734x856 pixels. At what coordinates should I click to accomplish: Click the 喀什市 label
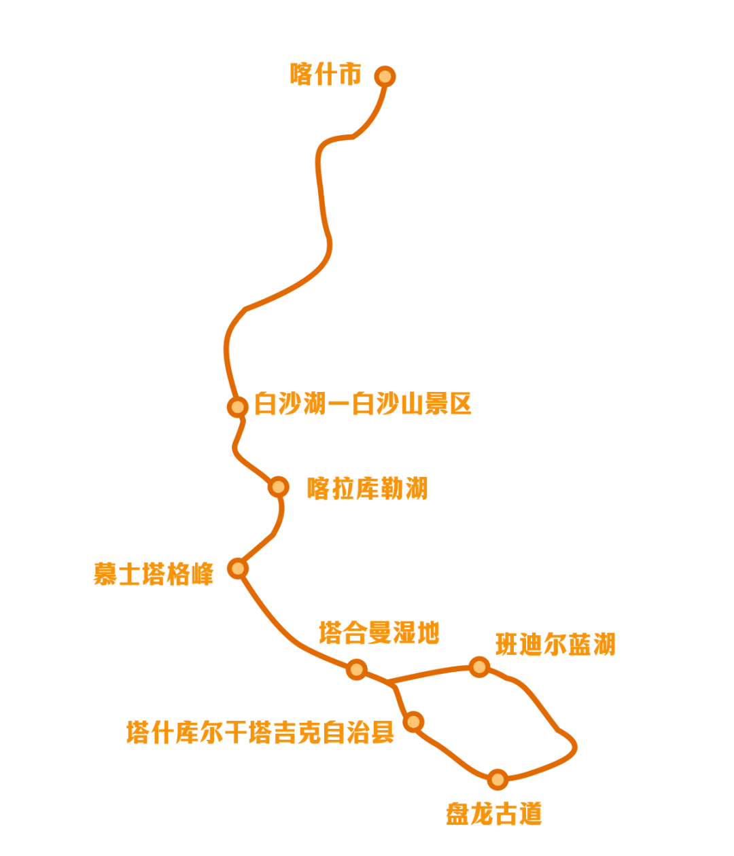click(326, 74)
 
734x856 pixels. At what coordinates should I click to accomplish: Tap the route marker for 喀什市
click(385, 76)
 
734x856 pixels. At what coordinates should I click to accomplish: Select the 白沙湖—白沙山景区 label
click(363, 405)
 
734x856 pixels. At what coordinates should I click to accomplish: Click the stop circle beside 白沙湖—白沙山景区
click(237, 407)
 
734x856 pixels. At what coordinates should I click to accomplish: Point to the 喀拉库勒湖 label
click(368, 488)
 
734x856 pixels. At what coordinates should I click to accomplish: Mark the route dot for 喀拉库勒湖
click(278, 486)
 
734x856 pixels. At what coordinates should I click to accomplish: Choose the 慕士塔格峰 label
click(154, 573)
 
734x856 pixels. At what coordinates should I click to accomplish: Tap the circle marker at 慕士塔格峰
click(237, 568)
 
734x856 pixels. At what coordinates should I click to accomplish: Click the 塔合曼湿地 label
click(379, 633)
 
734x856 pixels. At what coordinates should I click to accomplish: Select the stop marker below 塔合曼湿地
click(356, 670)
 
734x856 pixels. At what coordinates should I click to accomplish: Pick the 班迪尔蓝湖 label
click(556, 644)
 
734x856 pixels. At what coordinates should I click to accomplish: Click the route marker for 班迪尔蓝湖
click(480, 666)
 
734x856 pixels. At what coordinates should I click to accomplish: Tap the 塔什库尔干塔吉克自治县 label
click(260, 732)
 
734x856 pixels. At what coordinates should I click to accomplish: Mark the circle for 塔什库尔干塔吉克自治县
click(413, 721)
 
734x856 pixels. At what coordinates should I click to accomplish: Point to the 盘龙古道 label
click(495, 813)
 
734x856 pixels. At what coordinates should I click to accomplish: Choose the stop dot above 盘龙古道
click(498, 779)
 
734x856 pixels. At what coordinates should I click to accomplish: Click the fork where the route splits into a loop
click(393, 681)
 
